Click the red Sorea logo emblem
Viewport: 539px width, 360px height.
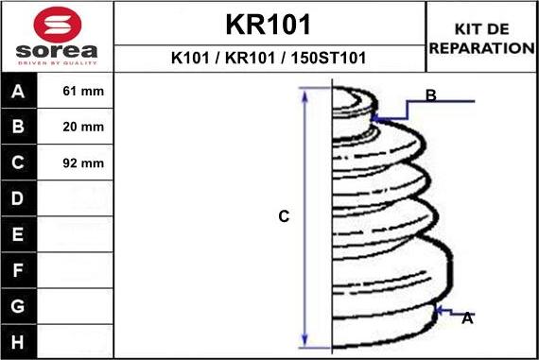point(58,25)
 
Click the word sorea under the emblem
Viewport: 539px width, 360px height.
point(57,51)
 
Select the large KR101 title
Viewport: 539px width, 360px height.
point(269,25)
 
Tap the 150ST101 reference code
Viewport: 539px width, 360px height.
point(328,58)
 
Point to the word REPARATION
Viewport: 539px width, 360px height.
point(482,48)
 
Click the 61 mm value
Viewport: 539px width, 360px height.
point(83,91)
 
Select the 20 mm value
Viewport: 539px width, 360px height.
point(83,127)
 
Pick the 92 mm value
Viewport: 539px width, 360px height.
point(83,163)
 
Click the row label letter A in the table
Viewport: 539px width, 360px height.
point(18,92)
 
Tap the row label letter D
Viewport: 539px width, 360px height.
point(18,198)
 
